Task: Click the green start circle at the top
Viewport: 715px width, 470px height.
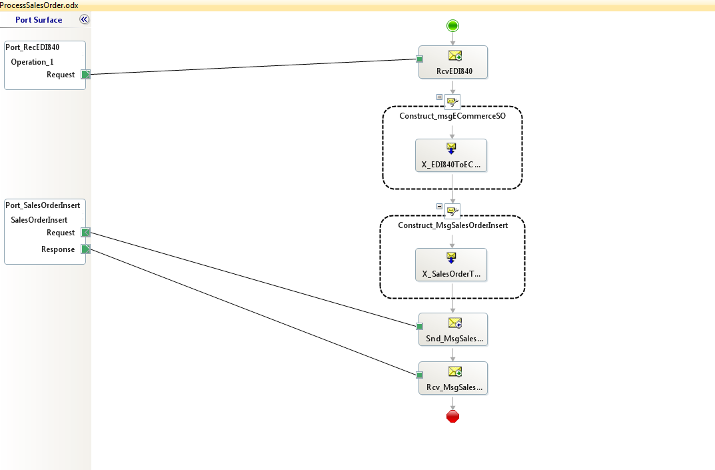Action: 452,26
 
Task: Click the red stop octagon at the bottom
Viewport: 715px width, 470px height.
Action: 452,417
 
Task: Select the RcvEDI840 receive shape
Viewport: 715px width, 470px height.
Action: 453,62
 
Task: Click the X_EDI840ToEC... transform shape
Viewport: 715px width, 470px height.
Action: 451,155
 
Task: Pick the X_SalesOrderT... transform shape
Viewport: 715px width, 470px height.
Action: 451,265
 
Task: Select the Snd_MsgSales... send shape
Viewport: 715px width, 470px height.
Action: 453,329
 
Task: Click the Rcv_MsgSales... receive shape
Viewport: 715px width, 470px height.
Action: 453,378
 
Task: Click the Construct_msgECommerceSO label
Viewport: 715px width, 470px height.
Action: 452,116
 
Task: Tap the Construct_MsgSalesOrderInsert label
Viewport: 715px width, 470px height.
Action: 452,225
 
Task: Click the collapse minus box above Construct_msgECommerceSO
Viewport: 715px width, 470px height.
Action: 439,97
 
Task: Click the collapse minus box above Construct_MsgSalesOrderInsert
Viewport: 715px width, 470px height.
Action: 439,206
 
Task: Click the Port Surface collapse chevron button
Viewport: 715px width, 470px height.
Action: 84,19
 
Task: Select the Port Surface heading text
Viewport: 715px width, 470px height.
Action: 39,20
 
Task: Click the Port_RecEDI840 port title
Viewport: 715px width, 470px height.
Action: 32,47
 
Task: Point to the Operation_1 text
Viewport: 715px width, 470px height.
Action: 32,62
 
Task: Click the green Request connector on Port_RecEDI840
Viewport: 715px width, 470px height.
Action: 85,75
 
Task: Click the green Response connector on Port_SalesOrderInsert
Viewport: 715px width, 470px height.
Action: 85,249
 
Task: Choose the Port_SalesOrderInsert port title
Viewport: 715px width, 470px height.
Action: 43,205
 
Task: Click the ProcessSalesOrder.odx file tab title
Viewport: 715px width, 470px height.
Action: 39,5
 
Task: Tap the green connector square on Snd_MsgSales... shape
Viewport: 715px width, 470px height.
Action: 420,326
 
